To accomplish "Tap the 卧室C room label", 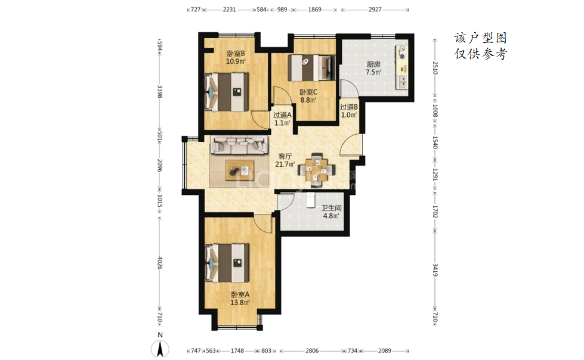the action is point(308,92).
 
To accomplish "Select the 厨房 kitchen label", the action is point(373,64).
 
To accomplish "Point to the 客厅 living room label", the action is point(285,156).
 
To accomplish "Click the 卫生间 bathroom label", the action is point(332,208).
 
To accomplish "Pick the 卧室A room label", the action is point(240,294).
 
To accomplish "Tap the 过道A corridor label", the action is point(282,115).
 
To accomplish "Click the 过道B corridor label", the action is point(349,107).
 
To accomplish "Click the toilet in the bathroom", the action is point(311,200).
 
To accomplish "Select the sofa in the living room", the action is point(239,145).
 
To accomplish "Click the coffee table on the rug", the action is point(240,170).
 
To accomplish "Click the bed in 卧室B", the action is point(227,92).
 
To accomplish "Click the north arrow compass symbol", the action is point(160,348).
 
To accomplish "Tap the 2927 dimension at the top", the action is point(375,10).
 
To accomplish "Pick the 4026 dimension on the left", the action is point(160,263).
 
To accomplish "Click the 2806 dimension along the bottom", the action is point(312,350).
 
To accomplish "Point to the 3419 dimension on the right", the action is point(435,269).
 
